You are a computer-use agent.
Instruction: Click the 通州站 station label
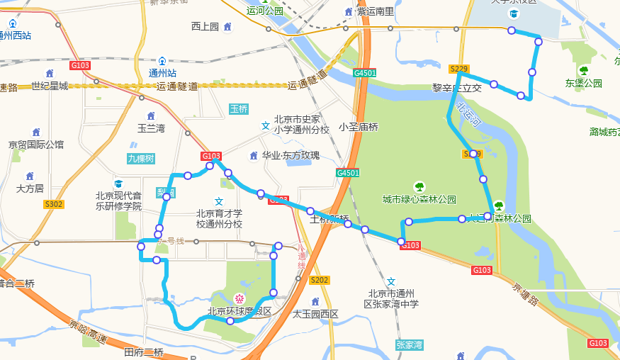point(162,73)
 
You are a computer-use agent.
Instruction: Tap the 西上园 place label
point(205,27)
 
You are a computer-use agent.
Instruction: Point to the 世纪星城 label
point(50,86)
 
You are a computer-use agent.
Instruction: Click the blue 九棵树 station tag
point(141,159)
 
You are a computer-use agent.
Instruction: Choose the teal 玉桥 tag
point(239,109)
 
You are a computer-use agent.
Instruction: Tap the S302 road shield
point(54,204)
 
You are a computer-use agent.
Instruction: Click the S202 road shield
point(320,280)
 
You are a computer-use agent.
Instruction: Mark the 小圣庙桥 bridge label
point(359,128)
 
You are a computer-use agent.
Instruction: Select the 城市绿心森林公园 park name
point(419,199)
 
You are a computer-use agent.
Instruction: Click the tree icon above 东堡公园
point(583,70)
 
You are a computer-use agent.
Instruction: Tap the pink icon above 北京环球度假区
point(239,298)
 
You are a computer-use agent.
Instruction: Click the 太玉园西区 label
point(315,313)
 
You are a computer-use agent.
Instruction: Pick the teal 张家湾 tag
point(410,345)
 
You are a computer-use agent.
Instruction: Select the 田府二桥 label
point(144,352)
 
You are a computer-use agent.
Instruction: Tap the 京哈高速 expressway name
point(86,331)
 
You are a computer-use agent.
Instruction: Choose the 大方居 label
point(30,189)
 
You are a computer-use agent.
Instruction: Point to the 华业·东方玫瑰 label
point(291,156)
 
